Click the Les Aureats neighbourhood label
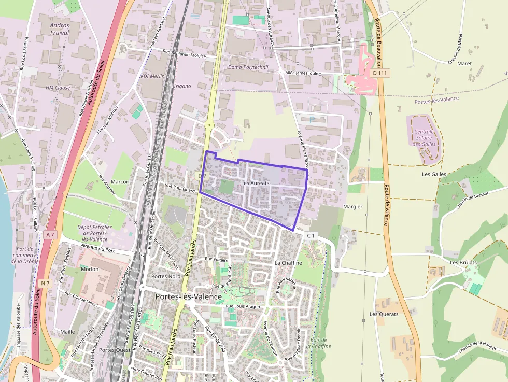[255, 183]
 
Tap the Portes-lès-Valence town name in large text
[189, 296]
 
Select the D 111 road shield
[380, 73]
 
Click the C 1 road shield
[311, 236]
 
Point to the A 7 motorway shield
[50, 235]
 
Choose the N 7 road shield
[46, 282]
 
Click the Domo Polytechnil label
[249, 67]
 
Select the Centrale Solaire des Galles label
[425, 138]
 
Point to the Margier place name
[352, 206]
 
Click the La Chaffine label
[288, 263]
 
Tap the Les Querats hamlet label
[384, 314]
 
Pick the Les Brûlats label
[462, 262]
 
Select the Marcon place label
[120, 182]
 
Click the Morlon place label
[90, 269]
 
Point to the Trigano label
[182, 86]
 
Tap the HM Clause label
[58, 88]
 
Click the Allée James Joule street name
[302, 73]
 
